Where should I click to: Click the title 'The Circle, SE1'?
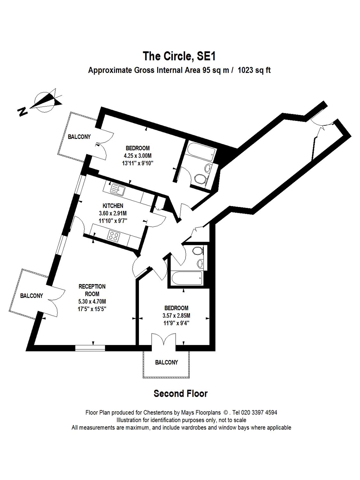tap(180, 56)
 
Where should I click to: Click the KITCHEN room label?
tap(113, 206)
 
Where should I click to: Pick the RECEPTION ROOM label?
tap(92, 290)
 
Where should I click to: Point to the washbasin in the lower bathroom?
tap(200, 263)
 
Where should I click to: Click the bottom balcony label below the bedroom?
tap(166, 362)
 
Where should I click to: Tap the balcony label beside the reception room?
tap(31, 296)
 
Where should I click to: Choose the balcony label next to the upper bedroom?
tap(79, 137)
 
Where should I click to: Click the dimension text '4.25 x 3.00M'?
tap(138, 156)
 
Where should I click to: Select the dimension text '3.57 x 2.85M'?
tap(176, 316)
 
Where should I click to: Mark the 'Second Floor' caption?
tap(180, 393)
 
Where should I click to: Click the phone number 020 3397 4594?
tap(260, 412)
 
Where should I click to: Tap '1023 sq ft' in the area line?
tap(253, 70)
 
